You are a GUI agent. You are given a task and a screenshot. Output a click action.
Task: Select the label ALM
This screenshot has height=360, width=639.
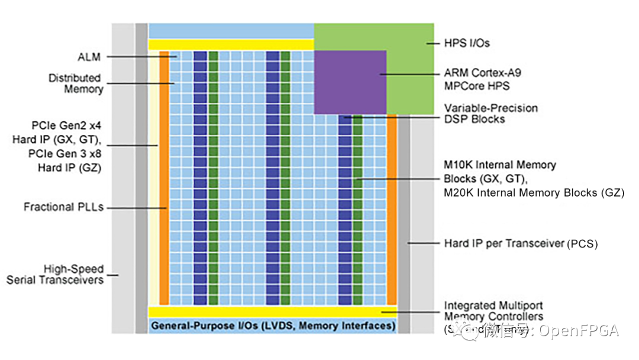point(89,57)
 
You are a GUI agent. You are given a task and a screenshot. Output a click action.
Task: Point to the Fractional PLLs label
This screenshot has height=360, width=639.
point(63,207)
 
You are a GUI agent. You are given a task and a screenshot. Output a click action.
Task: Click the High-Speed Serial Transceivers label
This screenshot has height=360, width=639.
point(55,274)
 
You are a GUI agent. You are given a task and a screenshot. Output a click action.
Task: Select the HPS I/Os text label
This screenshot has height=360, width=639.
point(467,43)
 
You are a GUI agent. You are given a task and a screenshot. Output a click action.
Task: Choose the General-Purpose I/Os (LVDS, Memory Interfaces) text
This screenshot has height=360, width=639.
point(273,326)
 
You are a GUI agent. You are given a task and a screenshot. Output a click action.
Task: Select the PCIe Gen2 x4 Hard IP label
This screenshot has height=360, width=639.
point(57,146)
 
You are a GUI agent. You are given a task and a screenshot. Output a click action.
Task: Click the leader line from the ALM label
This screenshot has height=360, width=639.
point(142,57)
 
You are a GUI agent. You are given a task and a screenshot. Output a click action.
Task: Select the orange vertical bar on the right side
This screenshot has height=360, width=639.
point(391,207)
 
